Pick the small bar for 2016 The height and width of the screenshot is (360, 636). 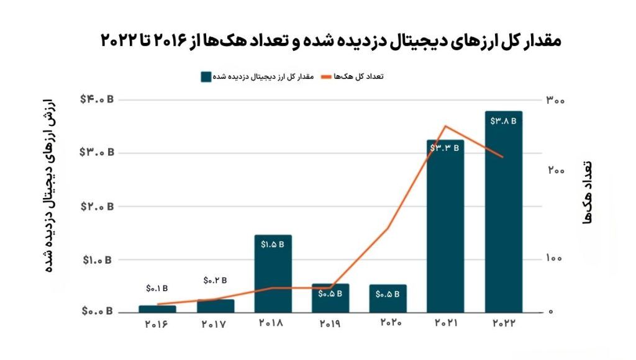tap(157, 308)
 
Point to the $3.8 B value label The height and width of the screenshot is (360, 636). tap(503, 121)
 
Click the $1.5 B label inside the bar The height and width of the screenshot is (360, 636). tap(273, 245)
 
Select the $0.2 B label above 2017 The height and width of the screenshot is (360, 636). tap(215, 281)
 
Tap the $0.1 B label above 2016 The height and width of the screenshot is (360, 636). tap(157, 288)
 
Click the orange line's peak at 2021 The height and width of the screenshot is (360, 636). tap(445, 126)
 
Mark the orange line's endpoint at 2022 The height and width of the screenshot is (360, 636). tap(503, 157)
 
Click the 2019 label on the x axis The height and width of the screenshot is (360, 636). tap(330, 324)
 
